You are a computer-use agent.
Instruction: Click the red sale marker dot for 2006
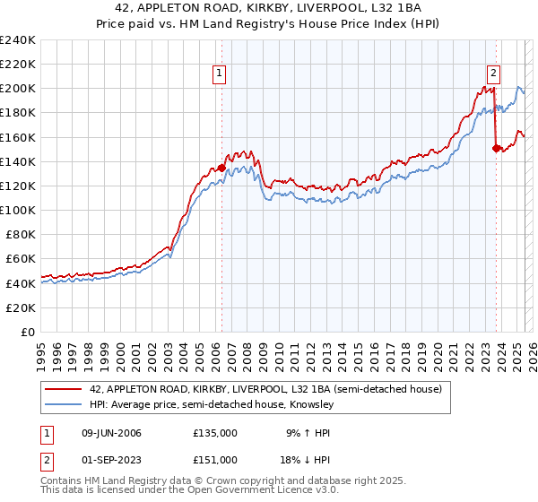click(221, 168)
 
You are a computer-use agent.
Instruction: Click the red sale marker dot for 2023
click(495, 148)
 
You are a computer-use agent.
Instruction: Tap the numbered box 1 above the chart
click(220, 74)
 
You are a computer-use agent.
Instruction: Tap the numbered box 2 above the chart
click(493, 74)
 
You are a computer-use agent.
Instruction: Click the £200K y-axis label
click(17, 89)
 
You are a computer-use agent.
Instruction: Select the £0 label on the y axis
click(26, 332)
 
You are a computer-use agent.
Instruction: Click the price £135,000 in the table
click(215, 432)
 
